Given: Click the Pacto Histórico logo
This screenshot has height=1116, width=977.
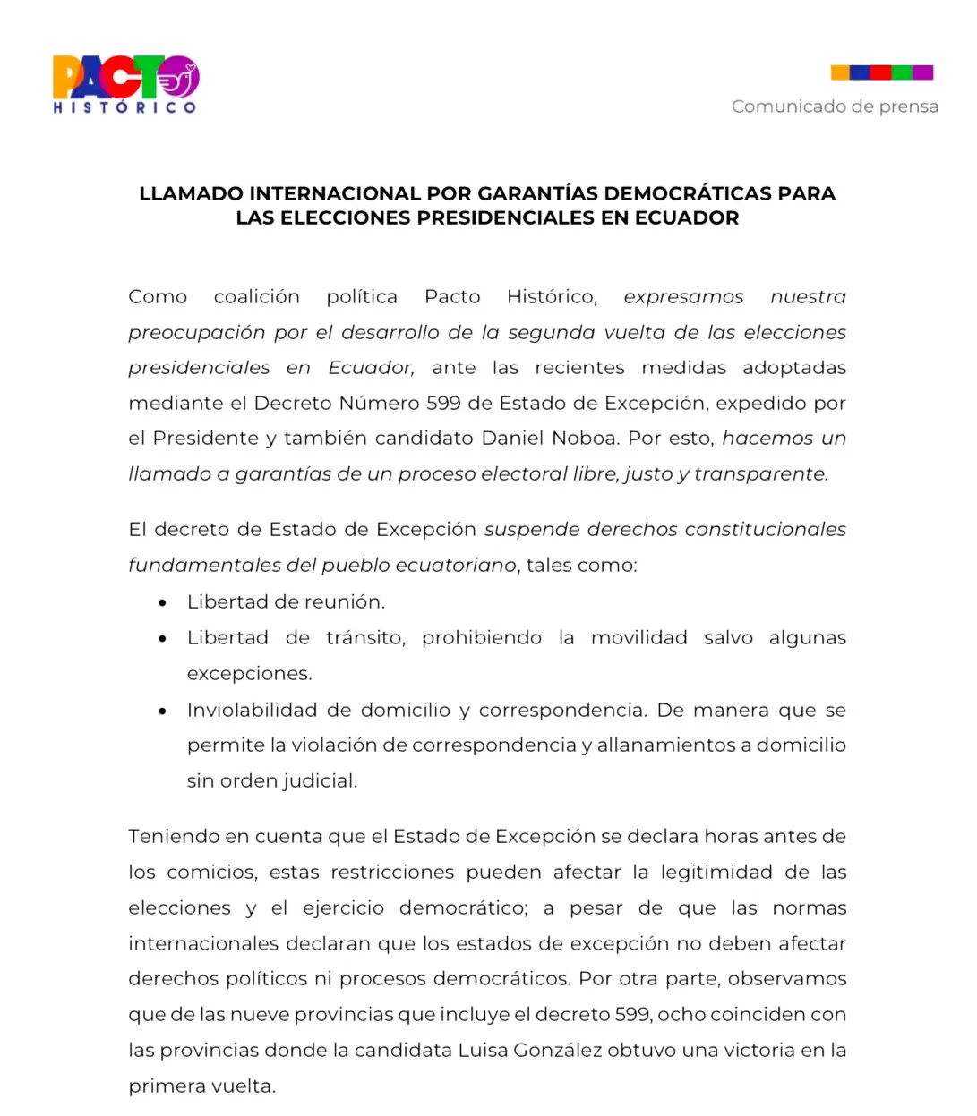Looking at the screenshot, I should point(125,84).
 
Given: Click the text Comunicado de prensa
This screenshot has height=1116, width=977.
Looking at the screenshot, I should point(835,106).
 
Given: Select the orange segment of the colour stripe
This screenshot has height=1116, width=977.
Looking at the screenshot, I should point(839,72).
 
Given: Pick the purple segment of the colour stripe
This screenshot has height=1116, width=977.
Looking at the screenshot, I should point(923,72).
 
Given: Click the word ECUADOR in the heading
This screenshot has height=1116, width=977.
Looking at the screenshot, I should point(687,217).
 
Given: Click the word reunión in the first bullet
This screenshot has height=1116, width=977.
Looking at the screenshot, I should point(348,601).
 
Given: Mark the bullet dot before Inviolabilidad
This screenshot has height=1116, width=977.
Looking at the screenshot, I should point(162,711).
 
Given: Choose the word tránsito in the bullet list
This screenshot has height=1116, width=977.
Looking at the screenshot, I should point(365,637).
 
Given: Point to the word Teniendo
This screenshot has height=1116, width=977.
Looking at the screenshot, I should point(174,836).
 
